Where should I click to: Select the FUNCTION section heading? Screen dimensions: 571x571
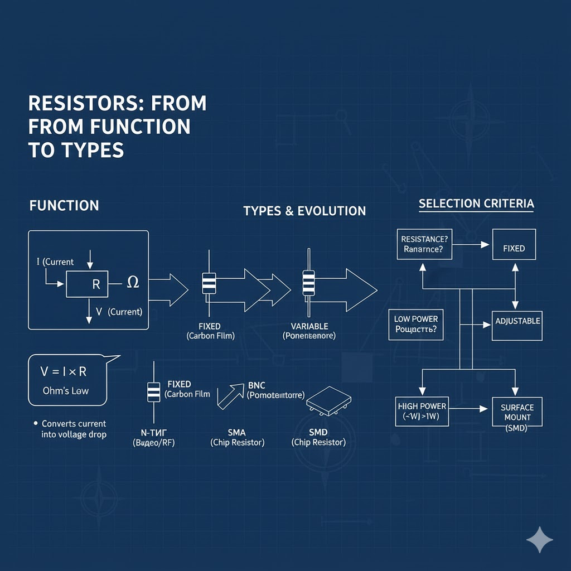click(64, 206)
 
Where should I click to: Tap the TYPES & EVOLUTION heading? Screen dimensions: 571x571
click(304, 211)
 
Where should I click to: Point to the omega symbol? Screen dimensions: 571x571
click(133, 283)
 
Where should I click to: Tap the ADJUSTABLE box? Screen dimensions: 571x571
click(517, 322)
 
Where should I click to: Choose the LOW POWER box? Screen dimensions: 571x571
click(416, 324)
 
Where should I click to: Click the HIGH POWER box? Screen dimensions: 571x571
click(422, 412)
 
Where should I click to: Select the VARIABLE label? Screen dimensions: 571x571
click(309, 326)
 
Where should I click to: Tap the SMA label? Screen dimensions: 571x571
click(237, 432)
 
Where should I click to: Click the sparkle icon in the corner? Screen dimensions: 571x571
click(540, 540)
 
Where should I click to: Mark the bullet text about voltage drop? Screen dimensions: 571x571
click(74, 429)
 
